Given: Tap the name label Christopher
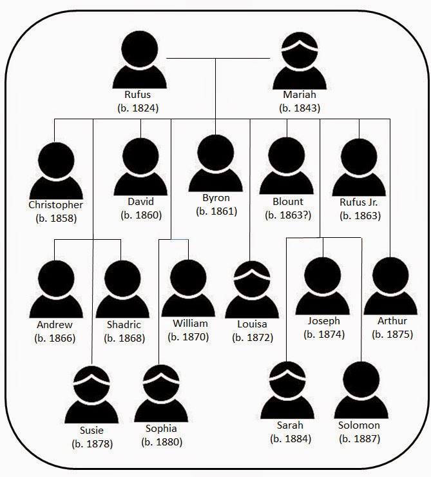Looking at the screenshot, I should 56,205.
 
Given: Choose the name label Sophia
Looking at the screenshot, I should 160,429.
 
